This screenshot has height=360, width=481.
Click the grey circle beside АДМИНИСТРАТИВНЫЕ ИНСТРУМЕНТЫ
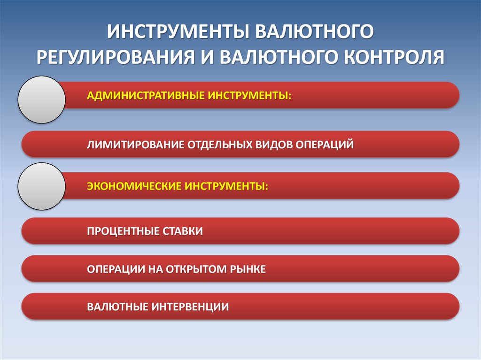[41, 100]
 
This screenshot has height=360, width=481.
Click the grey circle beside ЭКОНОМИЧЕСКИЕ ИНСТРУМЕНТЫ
[41, 186]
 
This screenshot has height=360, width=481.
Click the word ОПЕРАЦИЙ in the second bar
[324, 145]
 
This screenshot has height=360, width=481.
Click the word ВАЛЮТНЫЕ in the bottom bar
[118, 307]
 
